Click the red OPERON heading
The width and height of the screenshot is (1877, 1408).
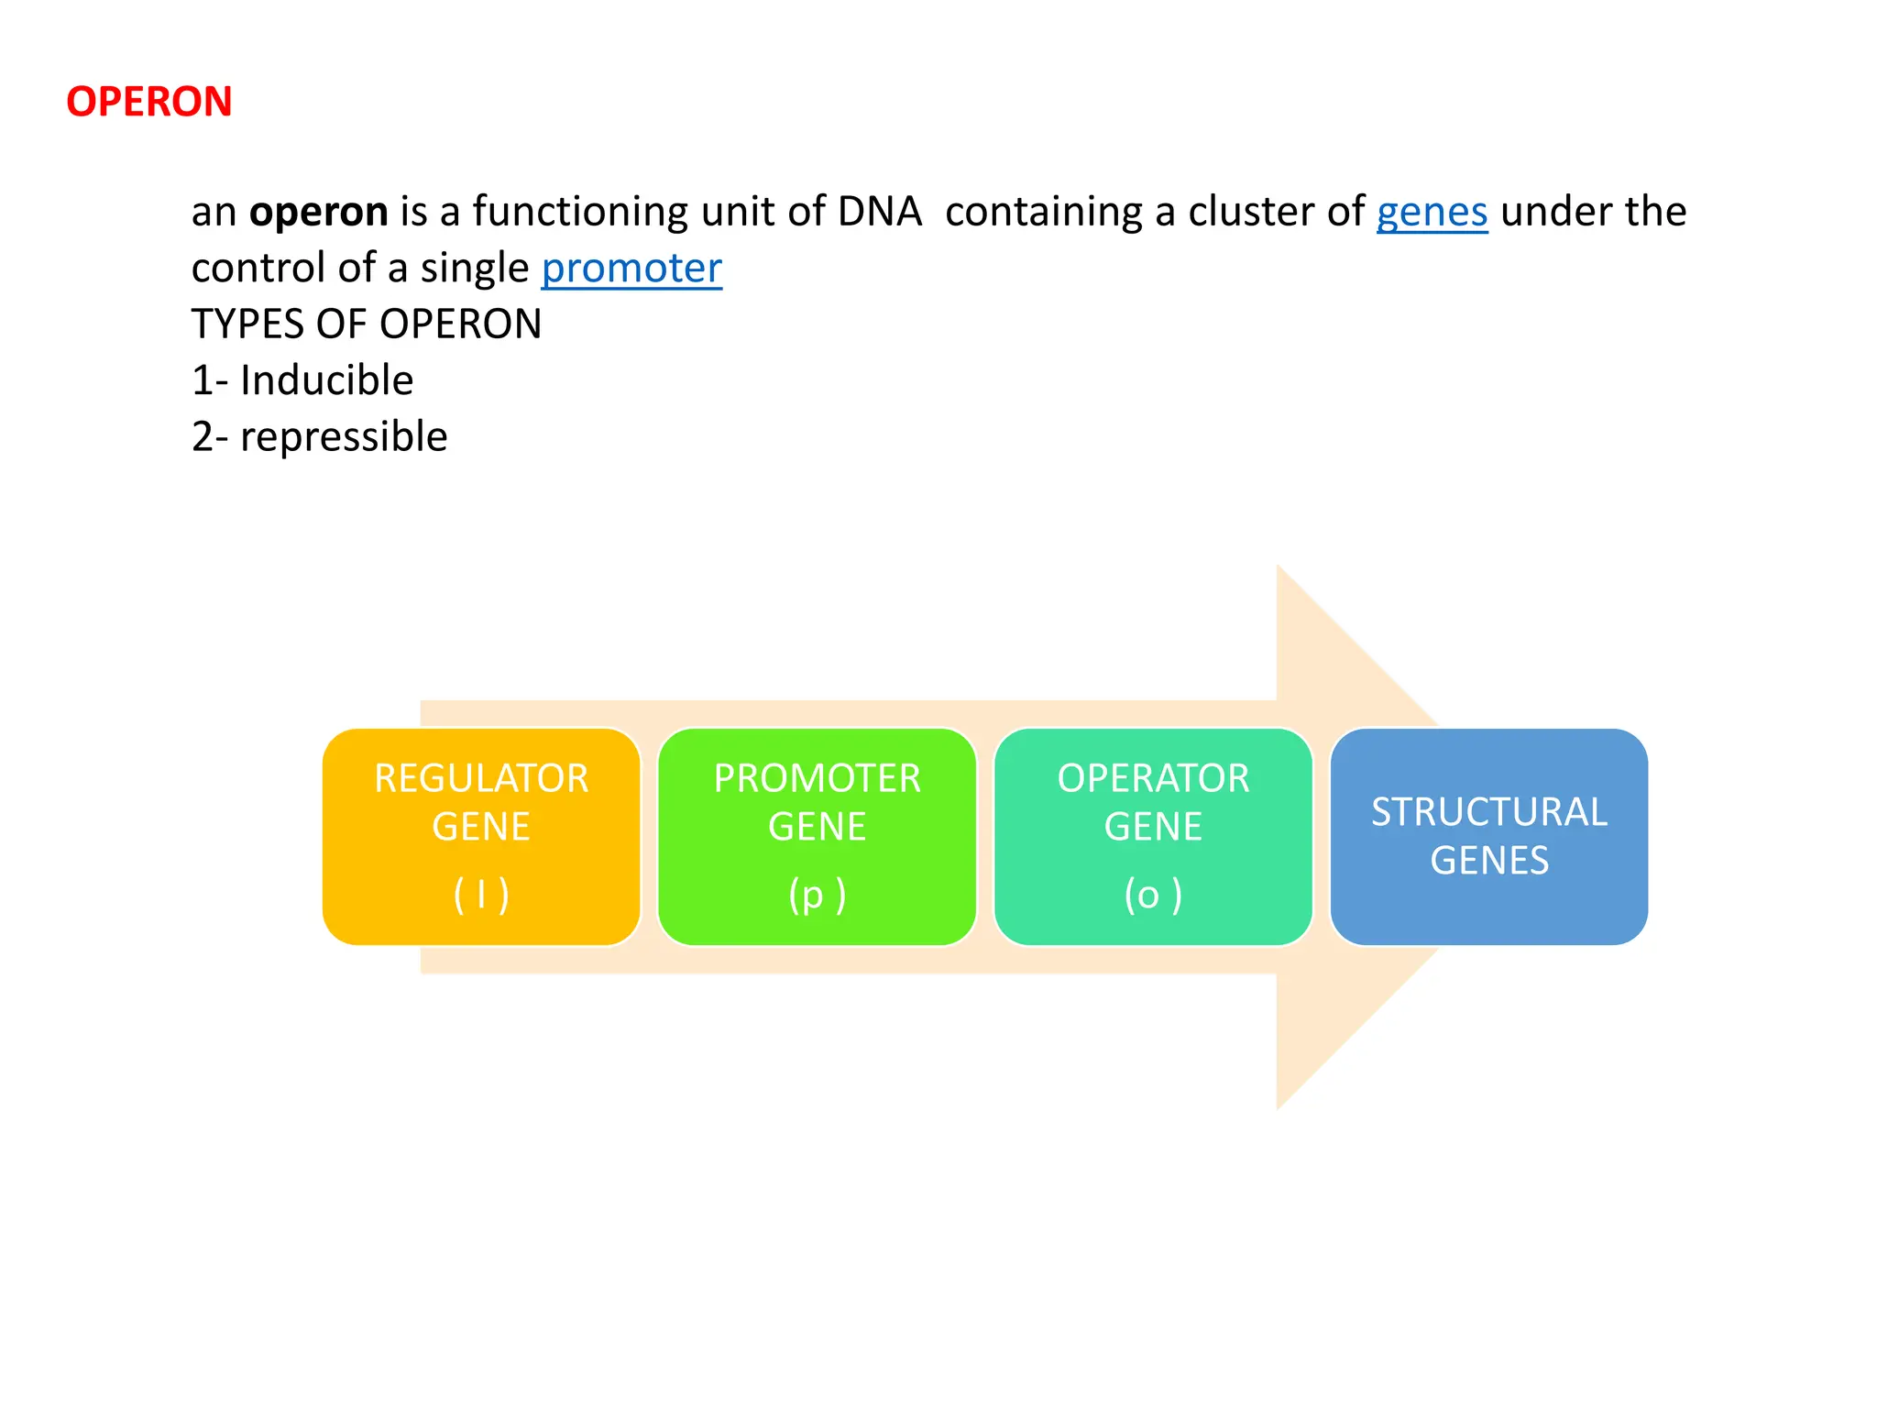tap(149, 102)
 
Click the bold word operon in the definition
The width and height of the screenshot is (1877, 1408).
tap(319, 212)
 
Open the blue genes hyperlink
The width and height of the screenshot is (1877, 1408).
tap(1432, 212)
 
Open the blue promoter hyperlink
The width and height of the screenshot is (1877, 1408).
tap(631, 269)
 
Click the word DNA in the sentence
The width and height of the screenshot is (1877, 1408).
tap(879, 212)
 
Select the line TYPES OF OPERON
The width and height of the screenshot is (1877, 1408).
tap(367, 324)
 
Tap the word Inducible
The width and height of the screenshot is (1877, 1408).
tap(326, 380)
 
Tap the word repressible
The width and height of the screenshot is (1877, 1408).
tap(344, 437)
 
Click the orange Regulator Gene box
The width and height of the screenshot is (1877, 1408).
tap(481, 836)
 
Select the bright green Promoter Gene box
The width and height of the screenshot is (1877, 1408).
tap(817, 836)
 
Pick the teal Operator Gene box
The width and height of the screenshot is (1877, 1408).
tap(1153, 836)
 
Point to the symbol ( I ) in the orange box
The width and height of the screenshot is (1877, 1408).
tap(481, 895)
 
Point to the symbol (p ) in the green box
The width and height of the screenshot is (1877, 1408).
tap(817, 895)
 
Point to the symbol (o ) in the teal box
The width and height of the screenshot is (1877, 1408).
tap(1153, 895)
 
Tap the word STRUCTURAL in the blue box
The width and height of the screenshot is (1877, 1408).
tap(1488, 812)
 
